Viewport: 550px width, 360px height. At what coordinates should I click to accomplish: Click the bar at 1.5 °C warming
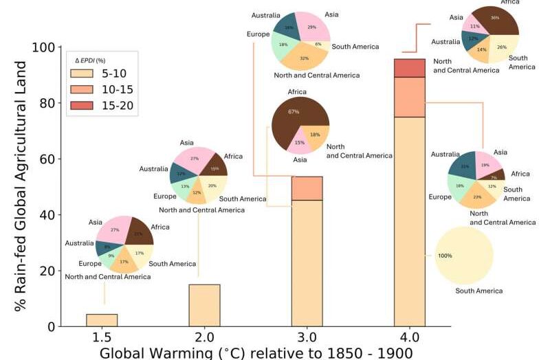pos(102,320)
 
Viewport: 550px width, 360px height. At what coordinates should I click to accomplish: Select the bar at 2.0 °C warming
pos(204,305)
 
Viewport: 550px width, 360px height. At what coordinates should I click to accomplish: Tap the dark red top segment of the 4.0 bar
pos(410,68)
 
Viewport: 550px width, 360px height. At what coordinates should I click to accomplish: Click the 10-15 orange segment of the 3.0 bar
pos(307,188)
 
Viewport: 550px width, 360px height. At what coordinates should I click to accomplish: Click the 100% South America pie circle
pos(464,256)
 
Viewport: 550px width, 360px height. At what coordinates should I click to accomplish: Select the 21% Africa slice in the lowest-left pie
pos(140,233)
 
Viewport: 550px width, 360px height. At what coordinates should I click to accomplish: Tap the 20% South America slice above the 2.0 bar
pos(213,185)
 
